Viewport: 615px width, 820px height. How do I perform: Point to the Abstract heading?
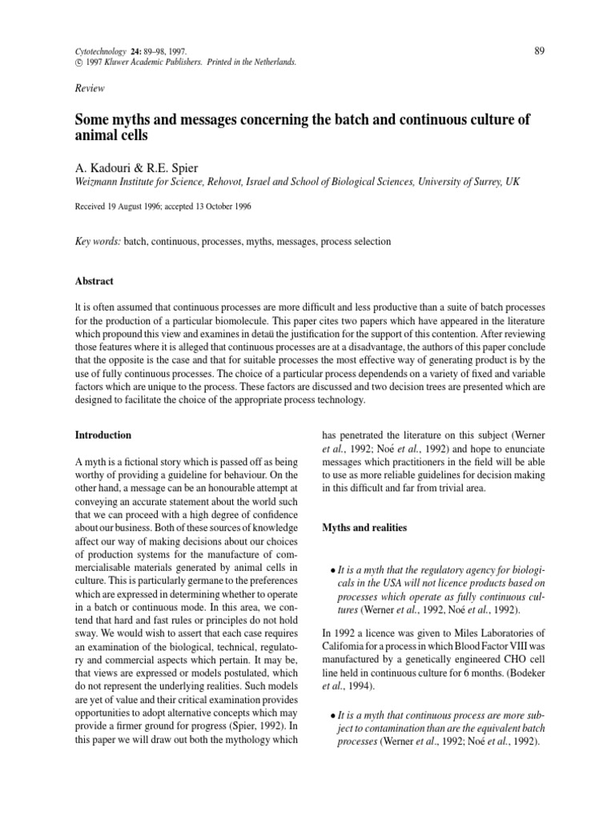[x=94, y=281]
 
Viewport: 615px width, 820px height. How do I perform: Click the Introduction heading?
[x=103, y=435]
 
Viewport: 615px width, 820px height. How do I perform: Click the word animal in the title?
[x=99, y=136]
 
